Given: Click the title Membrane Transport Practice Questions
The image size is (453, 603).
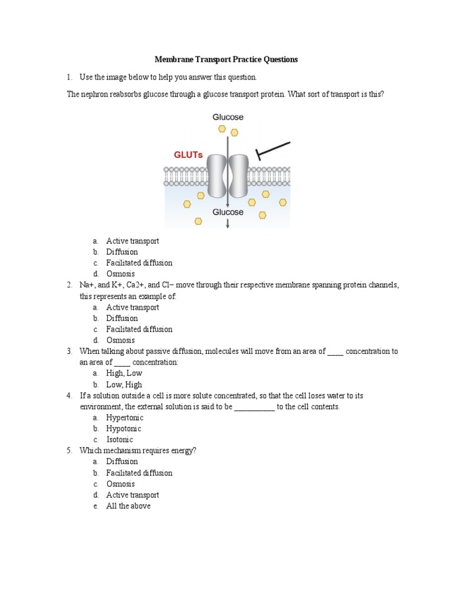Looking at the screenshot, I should [x=226, y=59].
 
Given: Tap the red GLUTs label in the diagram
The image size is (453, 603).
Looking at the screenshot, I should [x=188, y=155].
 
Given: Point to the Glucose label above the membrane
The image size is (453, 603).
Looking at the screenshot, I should [x=228, y=117].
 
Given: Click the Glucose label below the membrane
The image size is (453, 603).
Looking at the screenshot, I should [x=228, y=212].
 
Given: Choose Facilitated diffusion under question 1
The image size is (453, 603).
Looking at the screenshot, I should [x=139, y=263].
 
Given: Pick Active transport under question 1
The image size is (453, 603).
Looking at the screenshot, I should [x=133, y=241].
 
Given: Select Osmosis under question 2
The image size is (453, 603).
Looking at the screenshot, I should [x=120, y=340].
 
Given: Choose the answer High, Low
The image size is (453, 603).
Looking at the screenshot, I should [x=124, y=373].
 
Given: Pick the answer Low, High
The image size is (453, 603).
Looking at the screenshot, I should [x=124, y=384].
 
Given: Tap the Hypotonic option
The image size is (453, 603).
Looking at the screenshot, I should [x=123, y=429].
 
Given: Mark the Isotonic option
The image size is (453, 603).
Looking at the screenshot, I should [x=120, y=439].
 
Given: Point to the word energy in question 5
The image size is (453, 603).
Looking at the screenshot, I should [x=180, y=450].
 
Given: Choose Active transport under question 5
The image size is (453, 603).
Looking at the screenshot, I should [x=133, y=495].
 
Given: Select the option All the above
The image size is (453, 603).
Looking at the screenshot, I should [x=128, y=506].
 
